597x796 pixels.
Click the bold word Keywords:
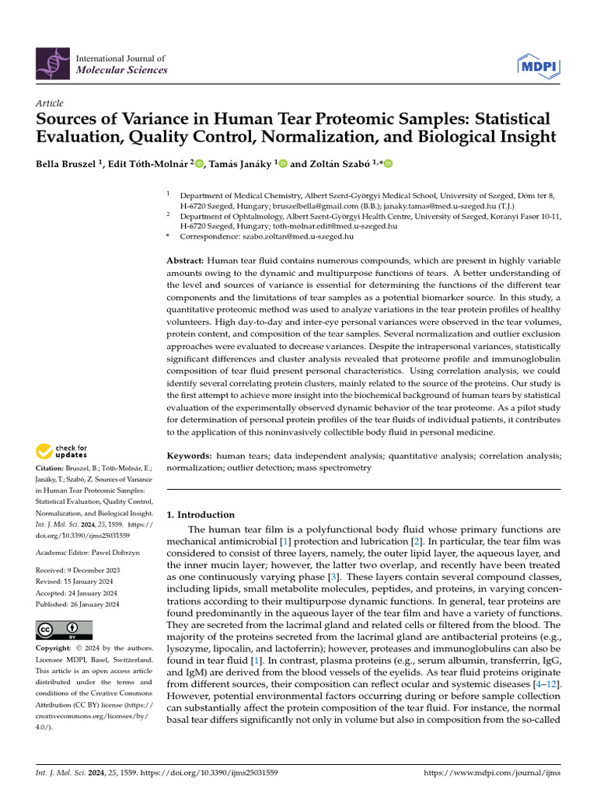tap(189, 456)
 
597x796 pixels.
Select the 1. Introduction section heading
tap(201, 515)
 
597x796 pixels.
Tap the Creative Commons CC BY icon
tap(64, 629)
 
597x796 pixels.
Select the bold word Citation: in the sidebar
tap(53, 468)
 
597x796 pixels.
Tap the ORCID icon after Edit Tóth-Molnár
tap(200, 164)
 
